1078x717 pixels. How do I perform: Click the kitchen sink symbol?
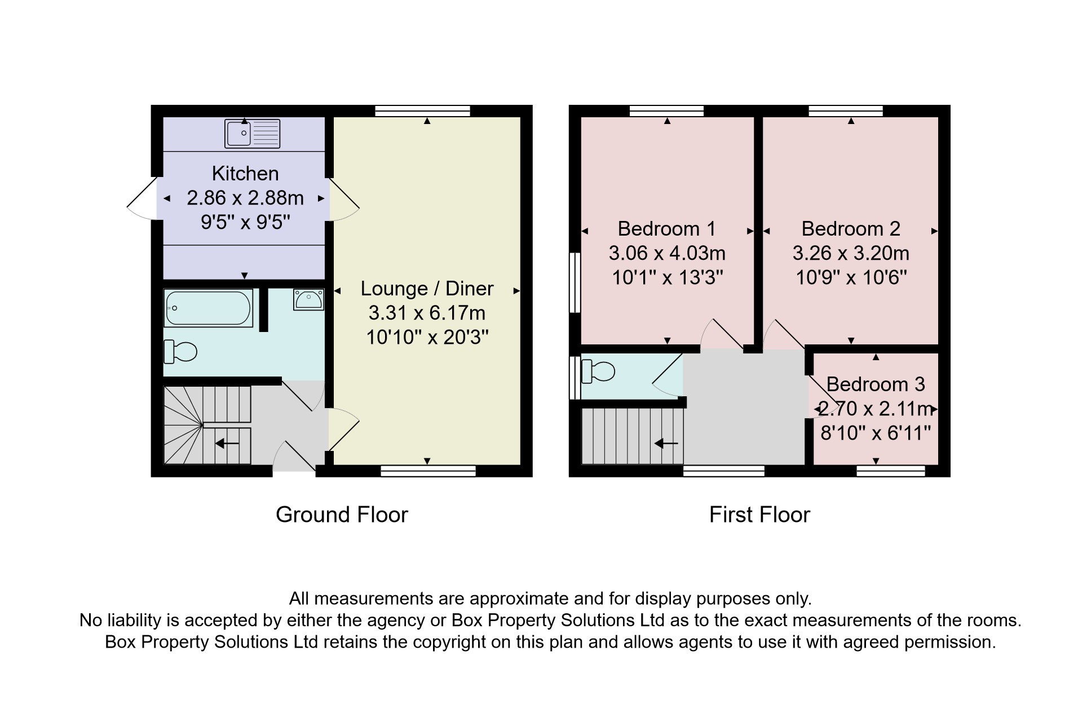252,134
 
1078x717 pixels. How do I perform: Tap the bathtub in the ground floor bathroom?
208,308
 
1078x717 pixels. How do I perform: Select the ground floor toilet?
180,352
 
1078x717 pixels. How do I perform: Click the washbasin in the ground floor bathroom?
308,299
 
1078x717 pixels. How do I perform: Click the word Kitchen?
245,173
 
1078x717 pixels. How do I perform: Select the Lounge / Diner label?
427,289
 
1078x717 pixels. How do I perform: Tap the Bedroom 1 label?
666,229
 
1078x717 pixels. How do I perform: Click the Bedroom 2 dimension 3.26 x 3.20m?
851,253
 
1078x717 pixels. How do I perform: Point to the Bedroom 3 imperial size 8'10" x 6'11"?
876,433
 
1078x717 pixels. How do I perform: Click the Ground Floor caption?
342,515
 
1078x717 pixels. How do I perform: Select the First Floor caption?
759,515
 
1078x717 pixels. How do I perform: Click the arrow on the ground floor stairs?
227,444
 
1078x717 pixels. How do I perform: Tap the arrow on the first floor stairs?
666,444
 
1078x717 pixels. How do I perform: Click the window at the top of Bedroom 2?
846,110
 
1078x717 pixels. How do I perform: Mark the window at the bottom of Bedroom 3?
891,471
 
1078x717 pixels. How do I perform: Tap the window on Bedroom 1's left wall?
575,282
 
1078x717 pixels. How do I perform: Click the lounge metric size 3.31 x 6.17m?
427,313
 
